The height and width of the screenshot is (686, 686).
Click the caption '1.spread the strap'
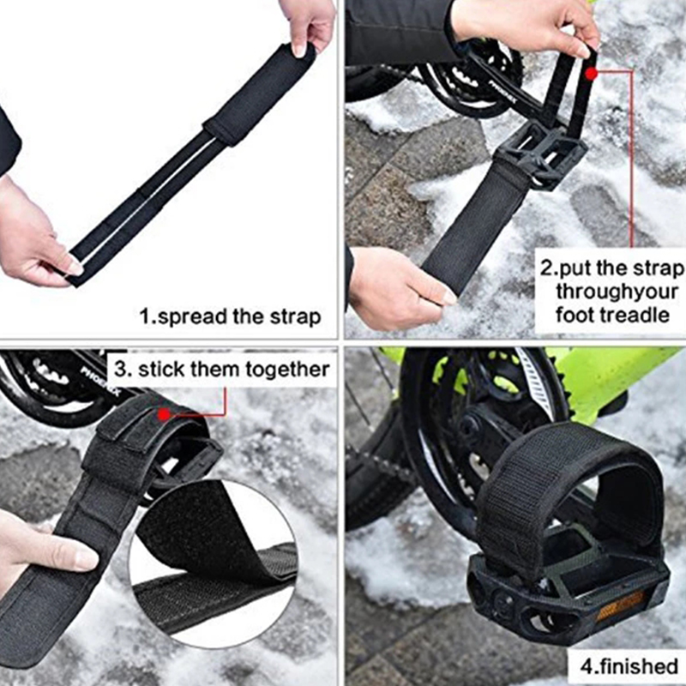point(230,316)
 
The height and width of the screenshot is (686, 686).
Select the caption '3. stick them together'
point(222,370)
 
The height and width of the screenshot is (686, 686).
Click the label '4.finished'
point(629,666)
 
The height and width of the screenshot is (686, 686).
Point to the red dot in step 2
point(592,73)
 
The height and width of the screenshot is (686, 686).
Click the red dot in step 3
point(164,414)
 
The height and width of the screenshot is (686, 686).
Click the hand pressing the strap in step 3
point(39,551)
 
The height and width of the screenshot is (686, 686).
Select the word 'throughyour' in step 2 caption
point(617,292)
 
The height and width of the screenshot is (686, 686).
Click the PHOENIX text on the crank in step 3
point(99,382)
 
